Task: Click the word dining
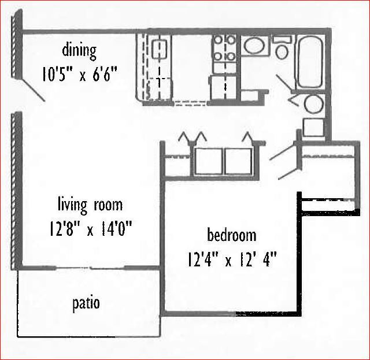click(x=79, y=50)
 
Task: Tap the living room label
click(x=90, y=205)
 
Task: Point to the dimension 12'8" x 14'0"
click(x=91, y=229)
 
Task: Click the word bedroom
click(x=232, y=235)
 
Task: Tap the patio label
click(x=86, y=303)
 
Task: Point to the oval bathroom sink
click(x=253, y=46)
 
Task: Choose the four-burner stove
click(x=224, y=49)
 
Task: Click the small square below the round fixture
click(x=313, y=127)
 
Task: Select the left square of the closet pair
click(x=208, y=161)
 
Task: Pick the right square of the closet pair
click(x=238, y=161)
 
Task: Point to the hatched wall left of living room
click(x=16, y=188)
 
